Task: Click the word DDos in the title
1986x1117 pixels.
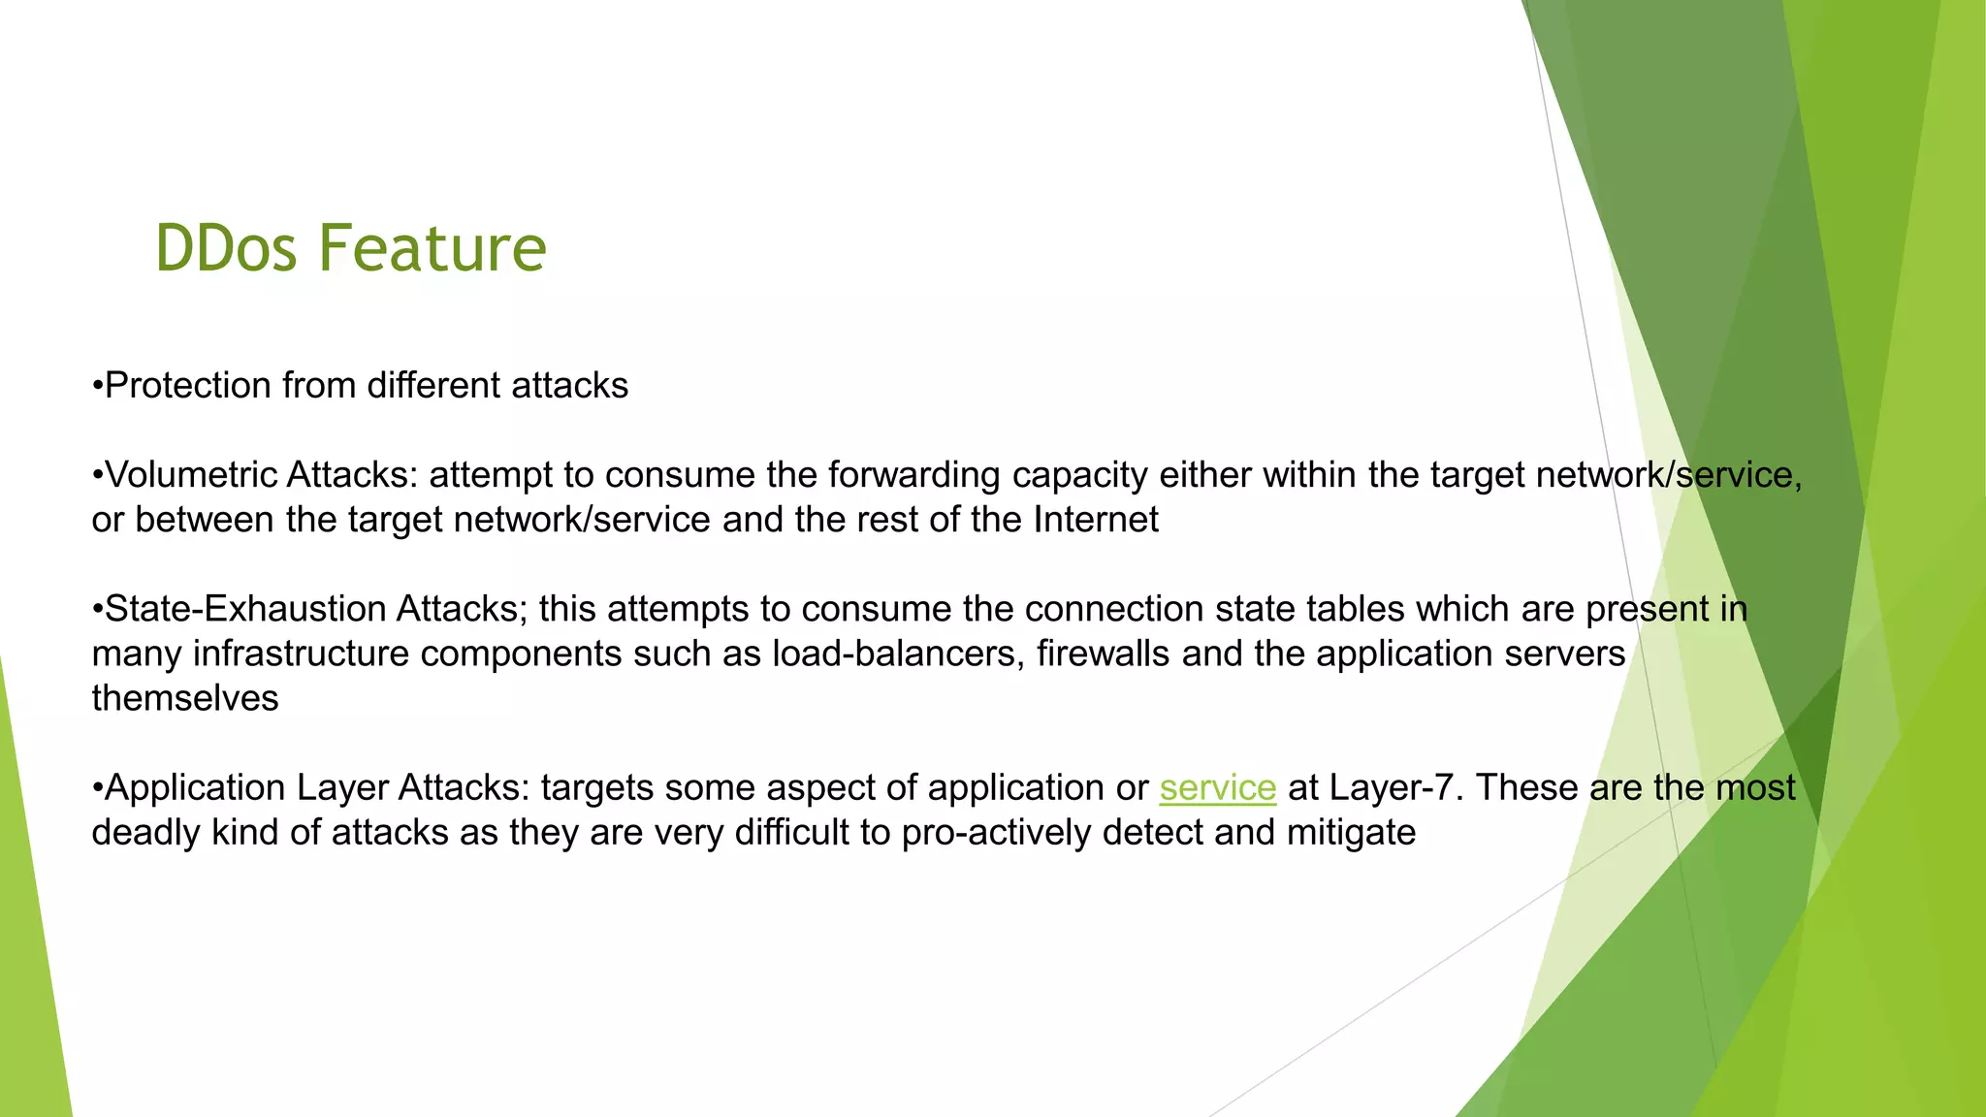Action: coord(225,248)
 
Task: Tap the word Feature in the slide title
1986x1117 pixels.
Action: coord(432,248)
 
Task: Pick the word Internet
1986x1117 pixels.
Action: coord(1096,520)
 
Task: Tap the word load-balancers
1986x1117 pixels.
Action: coord(897,654)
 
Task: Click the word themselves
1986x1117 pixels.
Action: coord(185,698)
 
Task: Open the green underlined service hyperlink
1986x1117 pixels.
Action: coord(1217,787)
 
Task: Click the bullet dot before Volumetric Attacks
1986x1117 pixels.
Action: coord(97,476)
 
